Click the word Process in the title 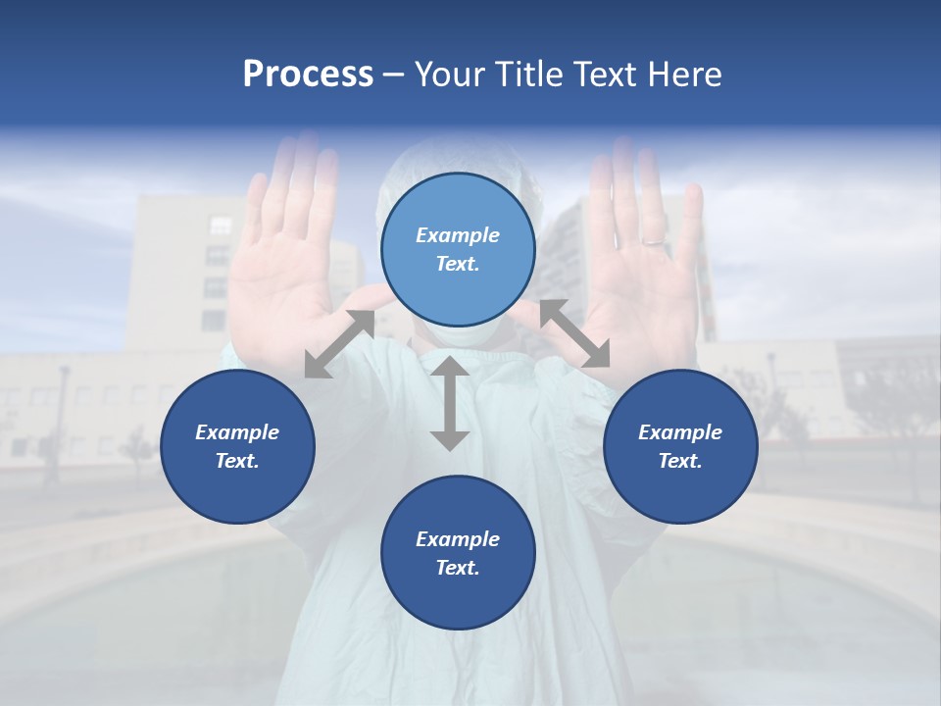(x=308, y=75)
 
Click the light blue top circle (x=458, y=249)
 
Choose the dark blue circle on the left (x=237, y=446)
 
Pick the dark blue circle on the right (x=680, y=446)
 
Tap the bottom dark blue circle (x=458, y=553)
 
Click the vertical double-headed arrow (x=450, y=403)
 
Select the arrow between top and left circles (x=339, y=343)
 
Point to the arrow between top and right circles (x=574, y=333)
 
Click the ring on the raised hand (x=652, y=240)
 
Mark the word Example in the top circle (x=458, y=235)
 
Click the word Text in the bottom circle (x=458, y=568)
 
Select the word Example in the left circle (x=237, y=432)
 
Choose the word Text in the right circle (x=680, y=461)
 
